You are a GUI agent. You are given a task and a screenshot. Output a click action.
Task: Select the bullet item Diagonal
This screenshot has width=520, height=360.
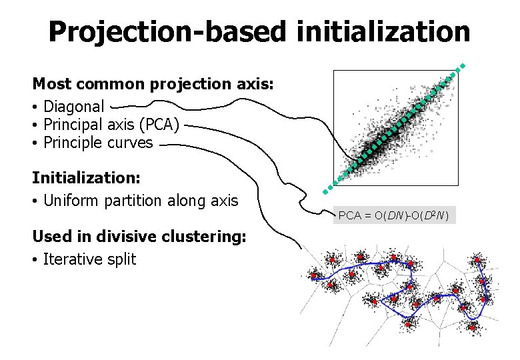click(x=73, y=106)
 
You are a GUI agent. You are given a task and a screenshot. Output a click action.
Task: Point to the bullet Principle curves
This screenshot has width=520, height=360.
click(x=97, y=142)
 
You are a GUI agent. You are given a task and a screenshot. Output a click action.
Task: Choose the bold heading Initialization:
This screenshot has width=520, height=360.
click(x=85, y=178)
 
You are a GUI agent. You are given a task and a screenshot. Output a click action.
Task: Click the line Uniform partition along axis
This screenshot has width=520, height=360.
click(x=140, y=200)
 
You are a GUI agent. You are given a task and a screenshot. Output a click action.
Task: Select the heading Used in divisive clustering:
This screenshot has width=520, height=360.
click(x=139, y=237)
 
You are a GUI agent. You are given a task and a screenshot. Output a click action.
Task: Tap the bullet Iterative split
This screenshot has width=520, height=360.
click(x=89, y=259)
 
